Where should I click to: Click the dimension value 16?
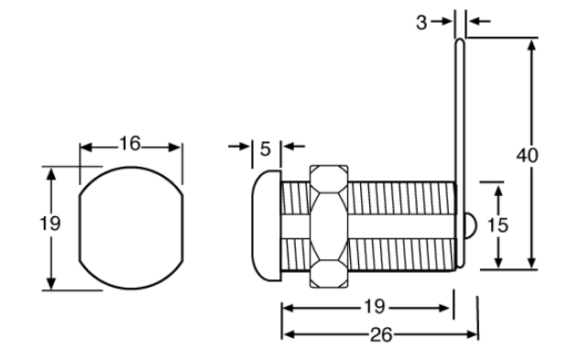pyautogui.click(x=130, y=143)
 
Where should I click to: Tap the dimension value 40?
pyautogui.click(x=527, y=156)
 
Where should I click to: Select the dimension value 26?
pyautogui.click(x=381, y=335)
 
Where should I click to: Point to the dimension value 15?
pyautogui.click(x=497, y=224)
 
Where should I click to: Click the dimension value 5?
pyautogui.click(x=266, y=149)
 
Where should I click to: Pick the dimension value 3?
pyautogui.click(x=421, y=23)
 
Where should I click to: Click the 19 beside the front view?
pyautogui.click(x=49, y=224)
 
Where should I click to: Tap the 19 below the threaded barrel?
pyautogui.click(x=375, y=307)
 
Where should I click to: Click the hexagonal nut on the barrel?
pyautogui.click(x=329, y=226)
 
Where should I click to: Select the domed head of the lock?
pyautogui.click(x=267, y=226)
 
